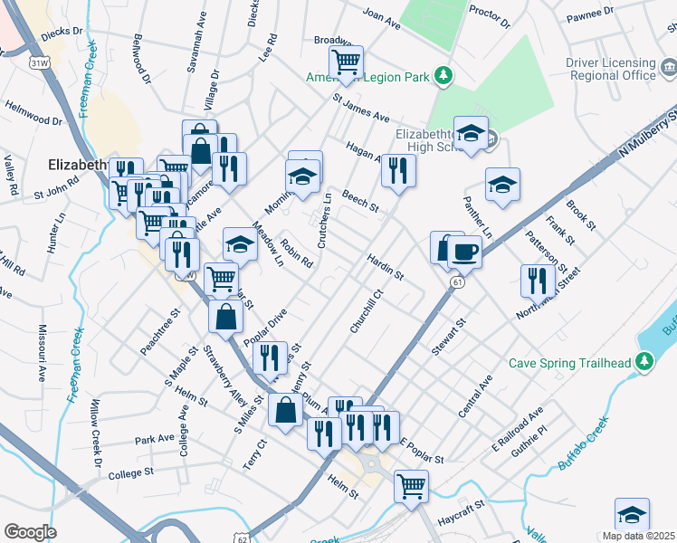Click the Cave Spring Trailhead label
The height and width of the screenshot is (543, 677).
point(568,363)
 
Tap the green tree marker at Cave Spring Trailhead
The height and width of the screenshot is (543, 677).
point(644,363)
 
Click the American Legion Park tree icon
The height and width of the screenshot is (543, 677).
point(443,75)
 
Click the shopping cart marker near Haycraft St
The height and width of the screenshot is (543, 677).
point(411,486)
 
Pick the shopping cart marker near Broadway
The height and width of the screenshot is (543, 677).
point(346,62)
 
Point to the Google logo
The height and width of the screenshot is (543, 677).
point(30,532)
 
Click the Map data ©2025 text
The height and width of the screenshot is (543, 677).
point(638,536)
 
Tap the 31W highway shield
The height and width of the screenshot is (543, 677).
point(38,63)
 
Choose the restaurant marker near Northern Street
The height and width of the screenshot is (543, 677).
point(538,280)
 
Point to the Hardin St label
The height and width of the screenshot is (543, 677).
point(385,265)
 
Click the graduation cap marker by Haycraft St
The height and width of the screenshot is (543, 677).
point(631,515)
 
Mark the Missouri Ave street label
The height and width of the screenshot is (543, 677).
point(42,352)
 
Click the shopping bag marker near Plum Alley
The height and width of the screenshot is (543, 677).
point(286,410)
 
